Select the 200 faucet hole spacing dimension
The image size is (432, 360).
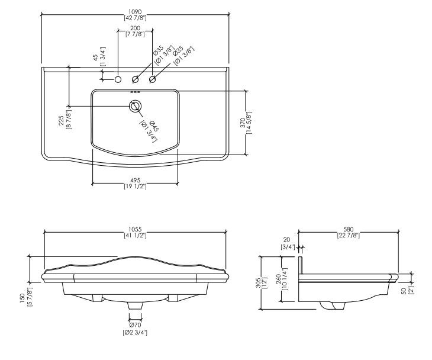pos(135,31)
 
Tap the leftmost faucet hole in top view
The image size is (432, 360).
pos(118,80)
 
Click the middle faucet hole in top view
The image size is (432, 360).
pos(136,80)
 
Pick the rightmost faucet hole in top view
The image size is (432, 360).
pos(152,80)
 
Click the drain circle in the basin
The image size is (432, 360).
pos(136,106)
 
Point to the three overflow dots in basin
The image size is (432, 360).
pos(136,92)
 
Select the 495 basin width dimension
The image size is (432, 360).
pos(135,184)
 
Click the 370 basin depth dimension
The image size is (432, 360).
pos(246,123)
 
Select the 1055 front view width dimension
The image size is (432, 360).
pos(135,232)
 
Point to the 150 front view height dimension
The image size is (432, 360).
pos(26,297)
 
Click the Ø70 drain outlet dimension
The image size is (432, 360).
pos(135,329)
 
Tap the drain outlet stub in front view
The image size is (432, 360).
pos(135,306)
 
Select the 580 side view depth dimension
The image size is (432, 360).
pos(349,232)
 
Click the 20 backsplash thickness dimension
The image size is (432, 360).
pos(288,243)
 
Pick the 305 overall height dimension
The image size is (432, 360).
pos(261,282)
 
